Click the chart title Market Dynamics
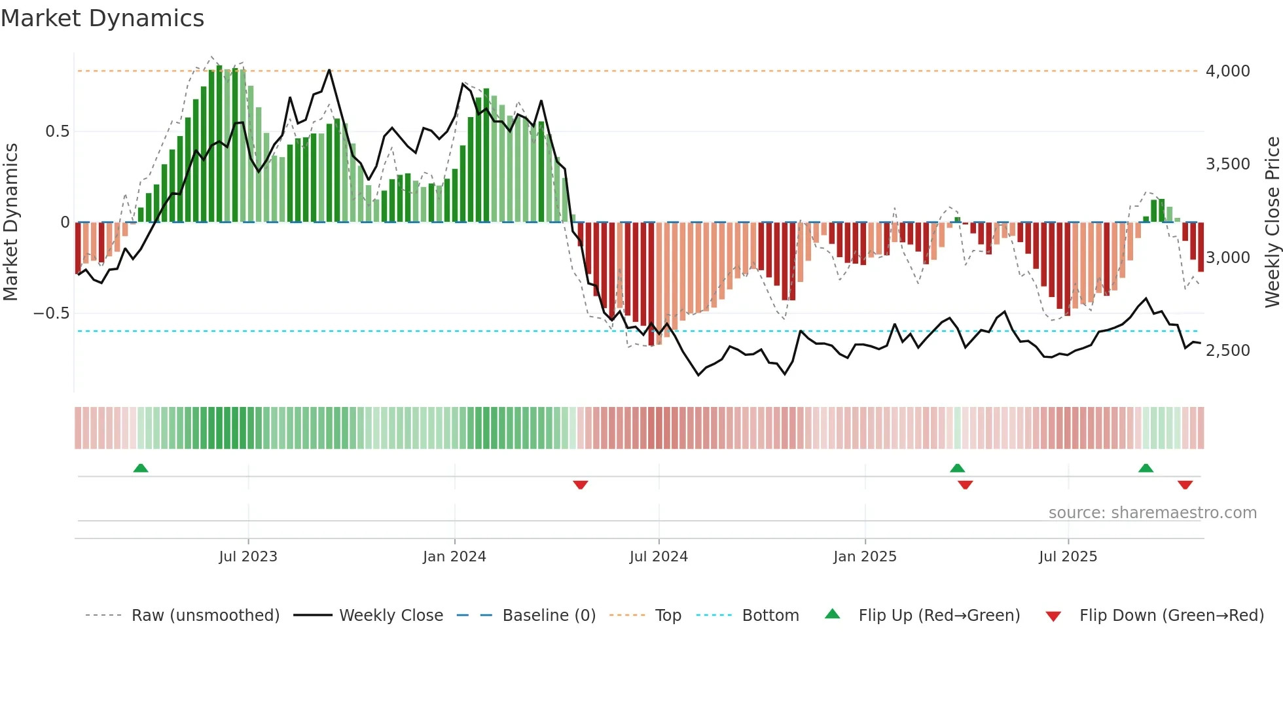pyautogui.click(x=102, y=18)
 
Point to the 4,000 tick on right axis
pyautogui.click(x=1227, y=71)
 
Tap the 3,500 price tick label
pyautogui.click(x=1227, y=164)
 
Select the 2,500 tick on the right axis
pyautogui.click(x=1227, y=350)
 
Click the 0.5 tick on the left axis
pyautogui.click(x=57, y=132)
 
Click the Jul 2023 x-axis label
pyautogui.click(x=248, y=557)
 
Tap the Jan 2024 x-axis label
pyautogui.click(x=454, y=557)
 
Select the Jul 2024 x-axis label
pyautogui.click(x=659, y=557)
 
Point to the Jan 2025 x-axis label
pyautogui.click(x=865, y=557)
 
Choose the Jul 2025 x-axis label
pyautogui.click(x=1068, y=557)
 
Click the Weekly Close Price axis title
pyautogui.click(x=1272, y=222)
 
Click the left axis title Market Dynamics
pyautogui.click(x=10, y=222)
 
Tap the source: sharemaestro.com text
pyautogui.click(x=1152, y=513)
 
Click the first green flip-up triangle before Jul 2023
pyautogui.click(x=141, y=468)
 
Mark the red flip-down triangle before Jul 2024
pyautogui.click(x=581, y=485)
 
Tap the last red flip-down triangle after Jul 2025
pyautogui.click(x=1185, y=485)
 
